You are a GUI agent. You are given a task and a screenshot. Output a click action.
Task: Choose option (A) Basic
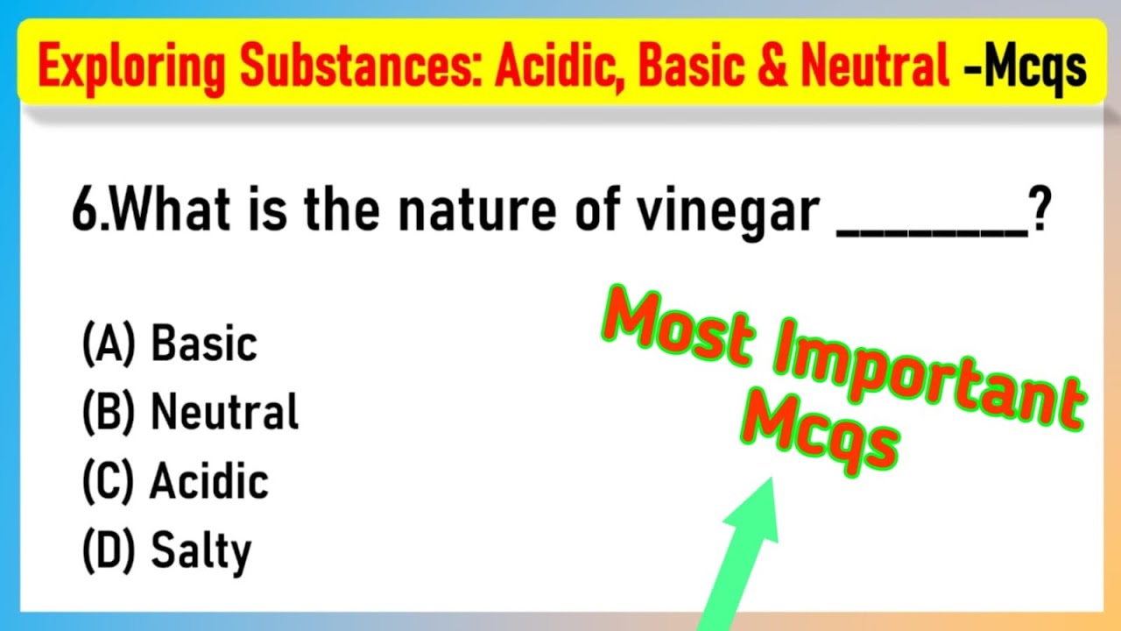[x=170, y=344]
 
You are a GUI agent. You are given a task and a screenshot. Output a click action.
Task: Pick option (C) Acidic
[x=175, y=481]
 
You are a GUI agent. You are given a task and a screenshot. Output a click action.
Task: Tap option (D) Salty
[x=166, y=550]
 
